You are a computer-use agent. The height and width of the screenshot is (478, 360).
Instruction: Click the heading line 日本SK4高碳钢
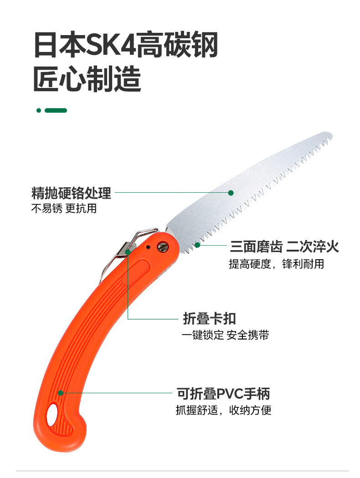pos(126,44)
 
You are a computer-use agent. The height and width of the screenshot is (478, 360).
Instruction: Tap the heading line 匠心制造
pos(87,79)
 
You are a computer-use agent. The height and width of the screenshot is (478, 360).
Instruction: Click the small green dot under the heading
pos(39,110)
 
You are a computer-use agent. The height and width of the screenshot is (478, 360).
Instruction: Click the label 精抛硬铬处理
pos(71,193)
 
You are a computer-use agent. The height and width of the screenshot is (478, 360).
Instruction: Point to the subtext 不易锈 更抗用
pos(64,209)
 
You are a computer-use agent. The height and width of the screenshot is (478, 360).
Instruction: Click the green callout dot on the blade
pos(231,193)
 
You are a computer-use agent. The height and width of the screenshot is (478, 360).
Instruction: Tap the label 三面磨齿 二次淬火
pos(284,247)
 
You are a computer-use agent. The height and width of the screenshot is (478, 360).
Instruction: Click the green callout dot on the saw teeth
pos(198,245)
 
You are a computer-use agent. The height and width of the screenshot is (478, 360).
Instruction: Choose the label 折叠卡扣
pos(209,318)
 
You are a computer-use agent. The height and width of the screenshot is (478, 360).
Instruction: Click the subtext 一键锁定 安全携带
pos(225,335)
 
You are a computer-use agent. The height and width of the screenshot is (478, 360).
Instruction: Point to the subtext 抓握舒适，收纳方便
pos(223,410)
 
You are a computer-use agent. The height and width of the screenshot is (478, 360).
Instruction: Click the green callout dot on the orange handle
pos(60,392)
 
